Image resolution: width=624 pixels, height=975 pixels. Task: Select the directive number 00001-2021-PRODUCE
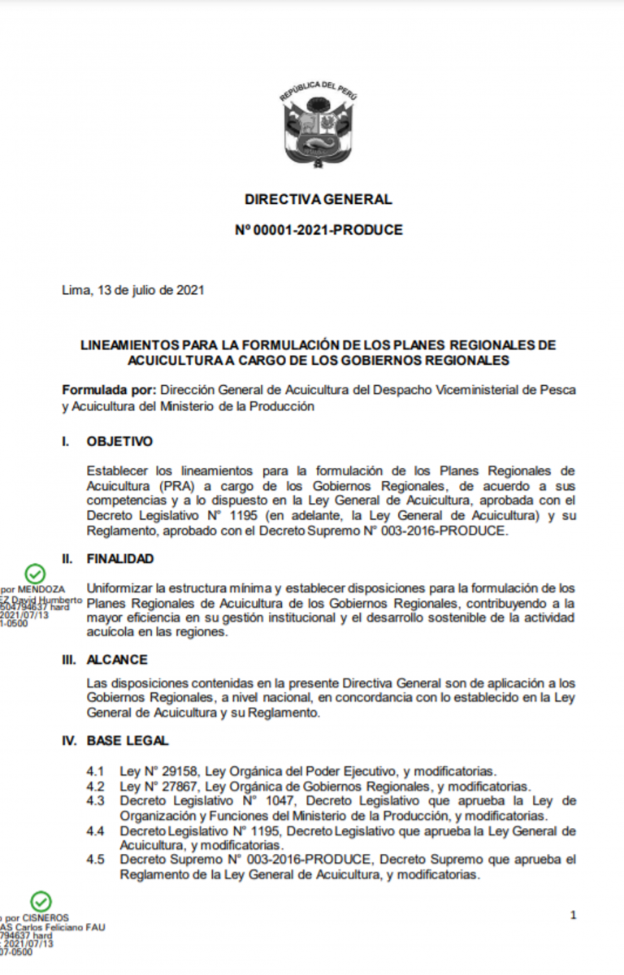click(x=326, y=230)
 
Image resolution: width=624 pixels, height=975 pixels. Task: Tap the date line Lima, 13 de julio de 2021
click(x=132, y=290)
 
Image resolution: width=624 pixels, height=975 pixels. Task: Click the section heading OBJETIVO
click(x=119, y=442)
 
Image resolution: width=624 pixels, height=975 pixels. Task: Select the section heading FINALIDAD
click(x=120, y=559)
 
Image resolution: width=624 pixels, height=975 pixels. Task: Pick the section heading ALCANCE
click(x=117, y=660)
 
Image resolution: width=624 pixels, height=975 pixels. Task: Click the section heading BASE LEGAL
click(x=128, y=740)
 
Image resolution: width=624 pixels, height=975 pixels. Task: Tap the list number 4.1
click(x=95, y=771)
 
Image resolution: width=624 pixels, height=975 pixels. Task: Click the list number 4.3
click(x=95, y=801)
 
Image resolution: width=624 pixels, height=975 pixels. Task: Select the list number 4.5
click(x=95, y=860)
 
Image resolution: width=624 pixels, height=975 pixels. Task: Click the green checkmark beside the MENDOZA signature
click(x=34, y=574)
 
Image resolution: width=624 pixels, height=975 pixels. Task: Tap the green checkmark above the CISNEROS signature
click(x=41, y=901)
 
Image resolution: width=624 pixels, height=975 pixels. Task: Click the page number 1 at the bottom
click(x=574, y=916)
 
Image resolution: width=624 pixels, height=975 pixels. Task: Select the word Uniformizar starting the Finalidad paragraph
click(x=119, y=587)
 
